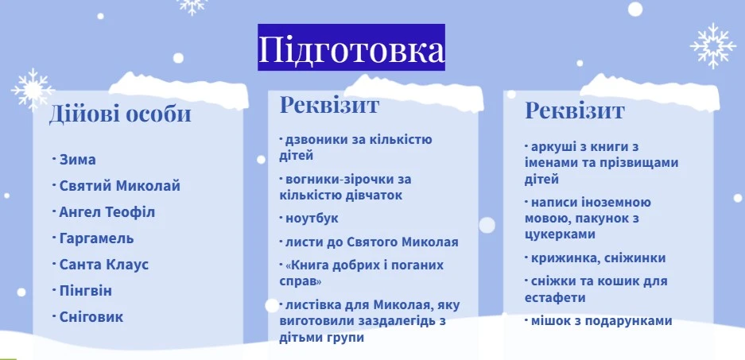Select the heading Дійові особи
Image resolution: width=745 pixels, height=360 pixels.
click(x=120, y=114)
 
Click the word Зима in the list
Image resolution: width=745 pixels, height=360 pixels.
click(x=77, y=160)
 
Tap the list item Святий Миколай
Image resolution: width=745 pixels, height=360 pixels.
click(x=119, y=186)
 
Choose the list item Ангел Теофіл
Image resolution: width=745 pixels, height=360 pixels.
click(x=107, y=212)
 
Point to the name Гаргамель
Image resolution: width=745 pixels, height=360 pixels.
click(x=96, y=238)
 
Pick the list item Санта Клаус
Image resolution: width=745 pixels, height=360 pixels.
click(x=103, y=265)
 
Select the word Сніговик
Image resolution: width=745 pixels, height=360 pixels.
click(x=91, y=316)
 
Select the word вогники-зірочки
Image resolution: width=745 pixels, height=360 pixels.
click(x=345, y=180)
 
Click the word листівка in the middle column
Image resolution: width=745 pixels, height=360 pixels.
click(x=315, y=305)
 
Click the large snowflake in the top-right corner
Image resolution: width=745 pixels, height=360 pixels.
click(x=713, y=45)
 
